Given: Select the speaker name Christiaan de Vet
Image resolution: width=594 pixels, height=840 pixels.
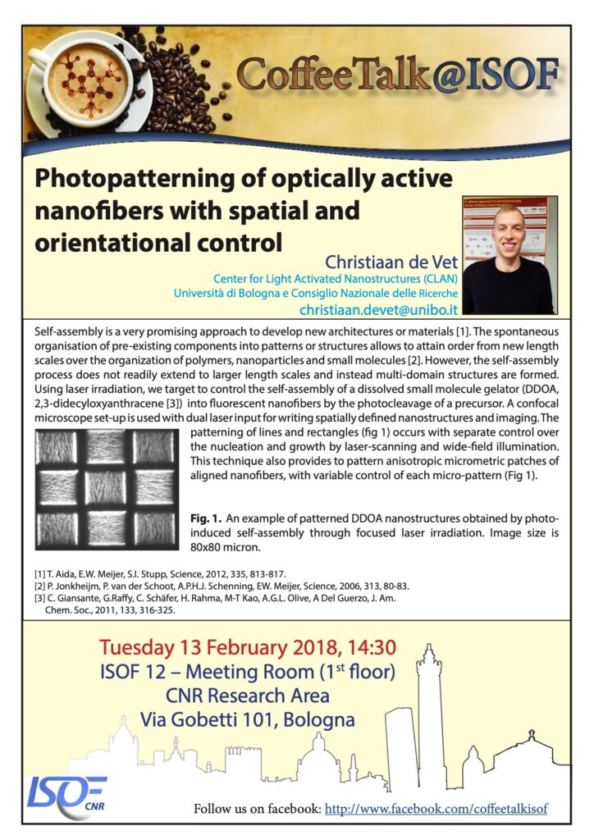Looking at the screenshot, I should click(391, 262).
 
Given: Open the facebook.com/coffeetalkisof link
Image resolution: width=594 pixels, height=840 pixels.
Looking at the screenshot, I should click(436, 809).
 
